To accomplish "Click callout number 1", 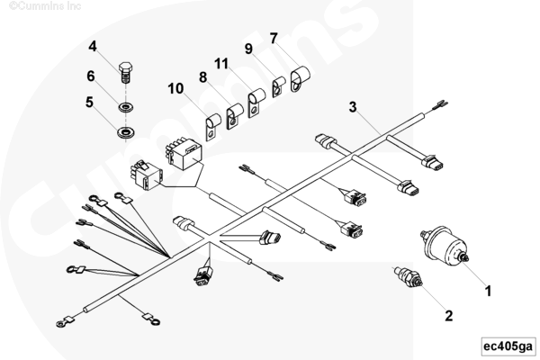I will pyautogui.click(x=489, y=291).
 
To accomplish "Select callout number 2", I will pyautogui.click(x=447, y=315).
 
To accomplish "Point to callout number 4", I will pyautogui.click(x=92, y=45).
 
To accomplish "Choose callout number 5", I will pyautogui.click(x=90, y=103).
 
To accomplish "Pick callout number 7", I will pyautogui.click(x=274, y=39).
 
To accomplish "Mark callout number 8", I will pyautogui.click(x=202, y=77).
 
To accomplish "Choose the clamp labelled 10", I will pyautogui.click(x=214, y=127).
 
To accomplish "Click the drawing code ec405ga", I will pyautogui.click(x=507, y=346).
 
